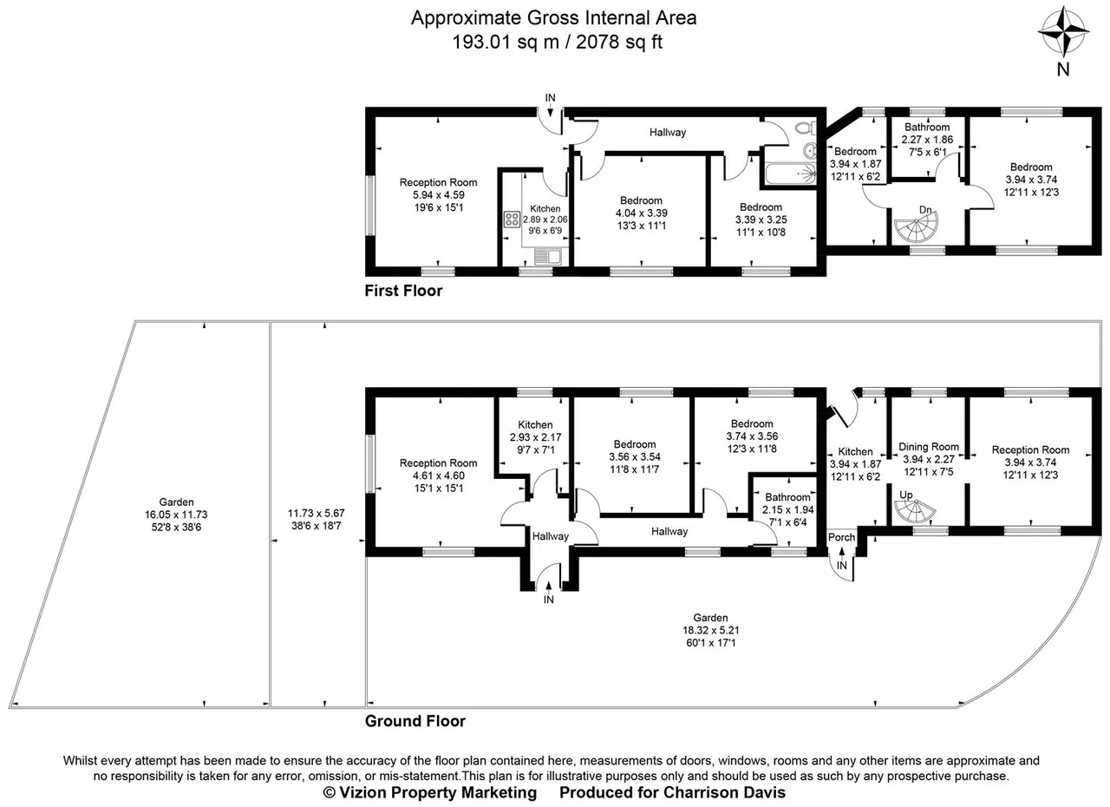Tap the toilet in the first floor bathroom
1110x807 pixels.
click(806, 128)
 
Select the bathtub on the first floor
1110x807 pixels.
click(790, 174)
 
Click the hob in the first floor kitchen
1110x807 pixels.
click(512, 219)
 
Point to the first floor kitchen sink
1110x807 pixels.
click(547, 256)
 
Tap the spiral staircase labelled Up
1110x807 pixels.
click(915, 512)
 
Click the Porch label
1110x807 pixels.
click(841, 537)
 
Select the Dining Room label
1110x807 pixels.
click(929, 447)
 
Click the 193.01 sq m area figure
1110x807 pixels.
click(505, 42)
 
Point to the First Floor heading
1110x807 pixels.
click(403, 291)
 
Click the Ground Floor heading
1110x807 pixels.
click(415, 721)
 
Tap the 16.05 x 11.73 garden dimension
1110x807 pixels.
click(176, 515)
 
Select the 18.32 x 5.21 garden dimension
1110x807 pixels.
click(710, 631)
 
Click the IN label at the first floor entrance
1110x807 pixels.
click(550, 98)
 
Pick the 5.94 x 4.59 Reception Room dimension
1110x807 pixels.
click(439, 195)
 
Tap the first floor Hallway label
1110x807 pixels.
click(668, 133)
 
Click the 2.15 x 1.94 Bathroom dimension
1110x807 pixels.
click(788, 509)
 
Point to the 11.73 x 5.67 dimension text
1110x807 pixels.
click(317, 513)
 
